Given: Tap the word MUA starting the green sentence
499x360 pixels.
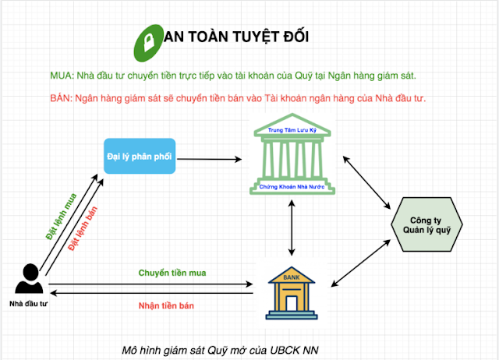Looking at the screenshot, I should click(x=61, y=76).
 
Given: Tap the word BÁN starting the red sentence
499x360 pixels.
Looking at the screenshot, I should click(x=61, y=98).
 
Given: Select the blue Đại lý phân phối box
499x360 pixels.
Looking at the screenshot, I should click(x=140, y=156).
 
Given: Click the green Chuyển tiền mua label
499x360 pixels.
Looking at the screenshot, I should click(x=172, y=273).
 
